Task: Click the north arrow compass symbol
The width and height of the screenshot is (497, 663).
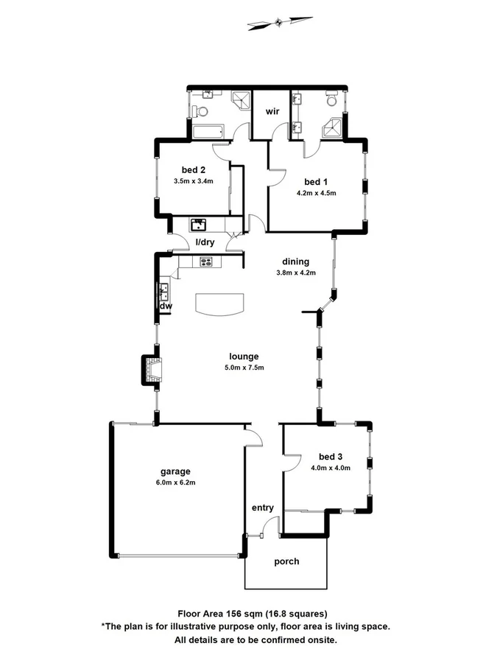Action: point(279,23)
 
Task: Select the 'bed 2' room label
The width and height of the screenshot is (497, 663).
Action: point(194,169)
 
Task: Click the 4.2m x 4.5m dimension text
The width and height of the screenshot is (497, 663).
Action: point(317,194)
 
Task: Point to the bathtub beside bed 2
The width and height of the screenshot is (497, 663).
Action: point(208,133)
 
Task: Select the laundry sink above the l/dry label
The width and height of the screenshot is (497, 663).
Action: point(199,223)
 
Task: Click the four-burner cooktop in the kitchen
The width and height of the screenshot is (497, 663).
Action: point(205,262)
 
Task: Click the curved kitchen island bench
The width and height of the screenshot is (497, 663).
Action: point(219,303)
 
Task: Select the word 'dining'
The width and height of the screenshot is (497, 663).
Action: point(296,262)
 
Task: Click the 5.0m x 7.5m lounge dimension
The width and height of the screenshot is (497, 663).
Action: point(245,368)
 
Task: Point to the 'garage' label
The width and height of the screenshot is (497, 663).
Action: point(175,471)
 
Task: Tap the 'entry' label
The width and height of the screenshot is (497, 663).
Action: point(263,508)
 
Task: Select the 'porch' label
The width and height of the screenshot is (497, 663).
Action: point(286,561)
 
